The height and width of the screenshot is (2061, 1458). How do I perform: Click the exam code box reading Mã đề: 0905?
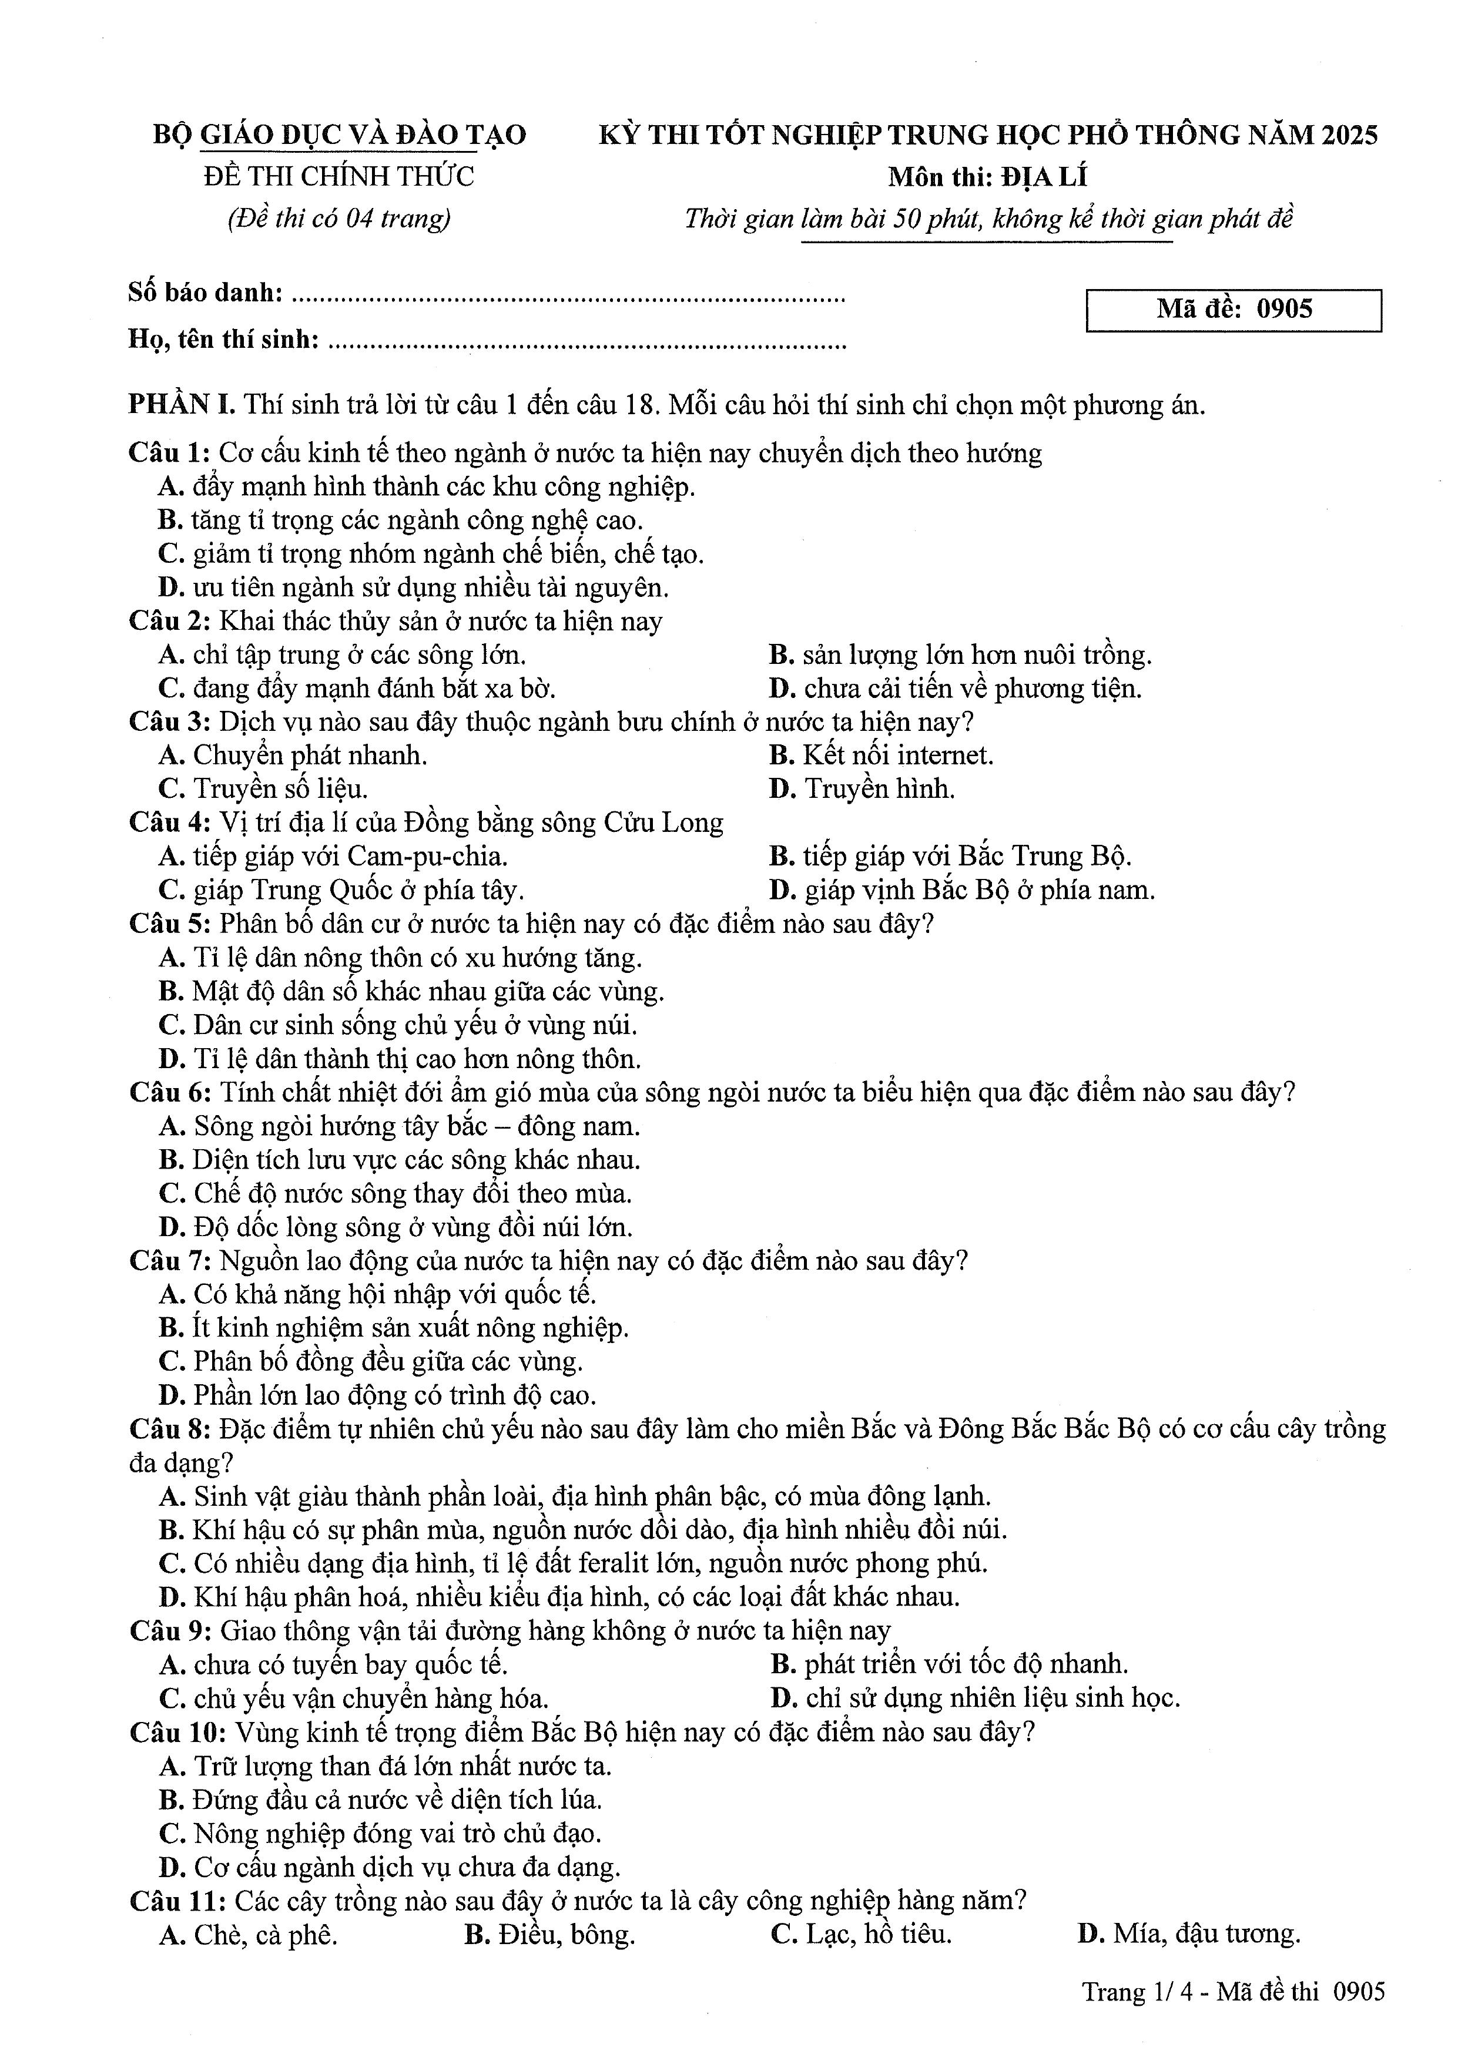1233,310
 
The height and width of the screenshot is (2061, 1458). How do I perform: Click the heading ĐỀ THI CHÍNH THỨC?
338,176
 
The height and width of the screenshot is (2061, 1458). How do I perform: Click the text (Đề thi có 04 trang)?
338,218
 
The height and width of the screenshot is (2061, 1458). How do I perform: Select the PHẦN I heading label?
182,405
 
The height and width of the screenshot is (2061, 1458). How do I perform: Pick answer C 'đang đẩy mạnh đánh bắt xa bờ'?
357,689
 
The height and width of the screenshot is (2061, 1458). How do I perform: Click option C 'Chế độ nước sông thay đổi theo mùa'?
396,1194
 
